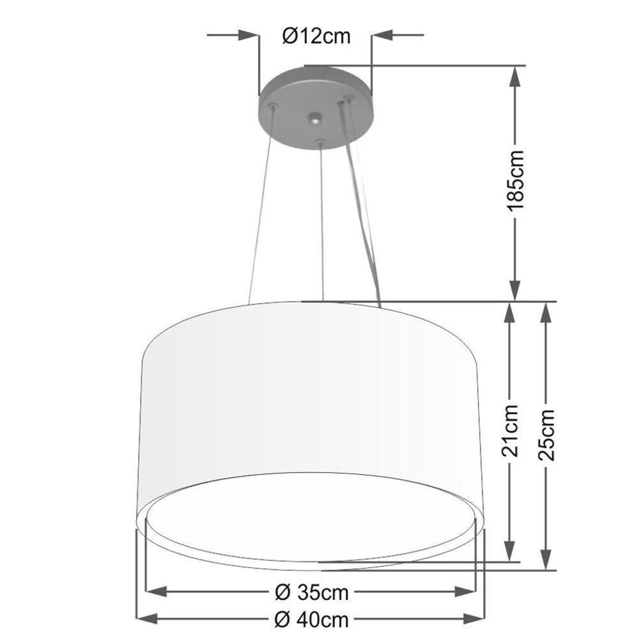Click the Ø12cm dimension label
pos(316,36)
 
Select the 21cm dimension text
pos(510,432)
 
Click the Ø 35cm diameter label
pos(312,593)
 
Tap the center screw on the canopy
pos(314,119)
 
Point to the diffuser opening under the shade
pos(313,518)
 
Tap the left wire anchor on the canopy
pos(273,106)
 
